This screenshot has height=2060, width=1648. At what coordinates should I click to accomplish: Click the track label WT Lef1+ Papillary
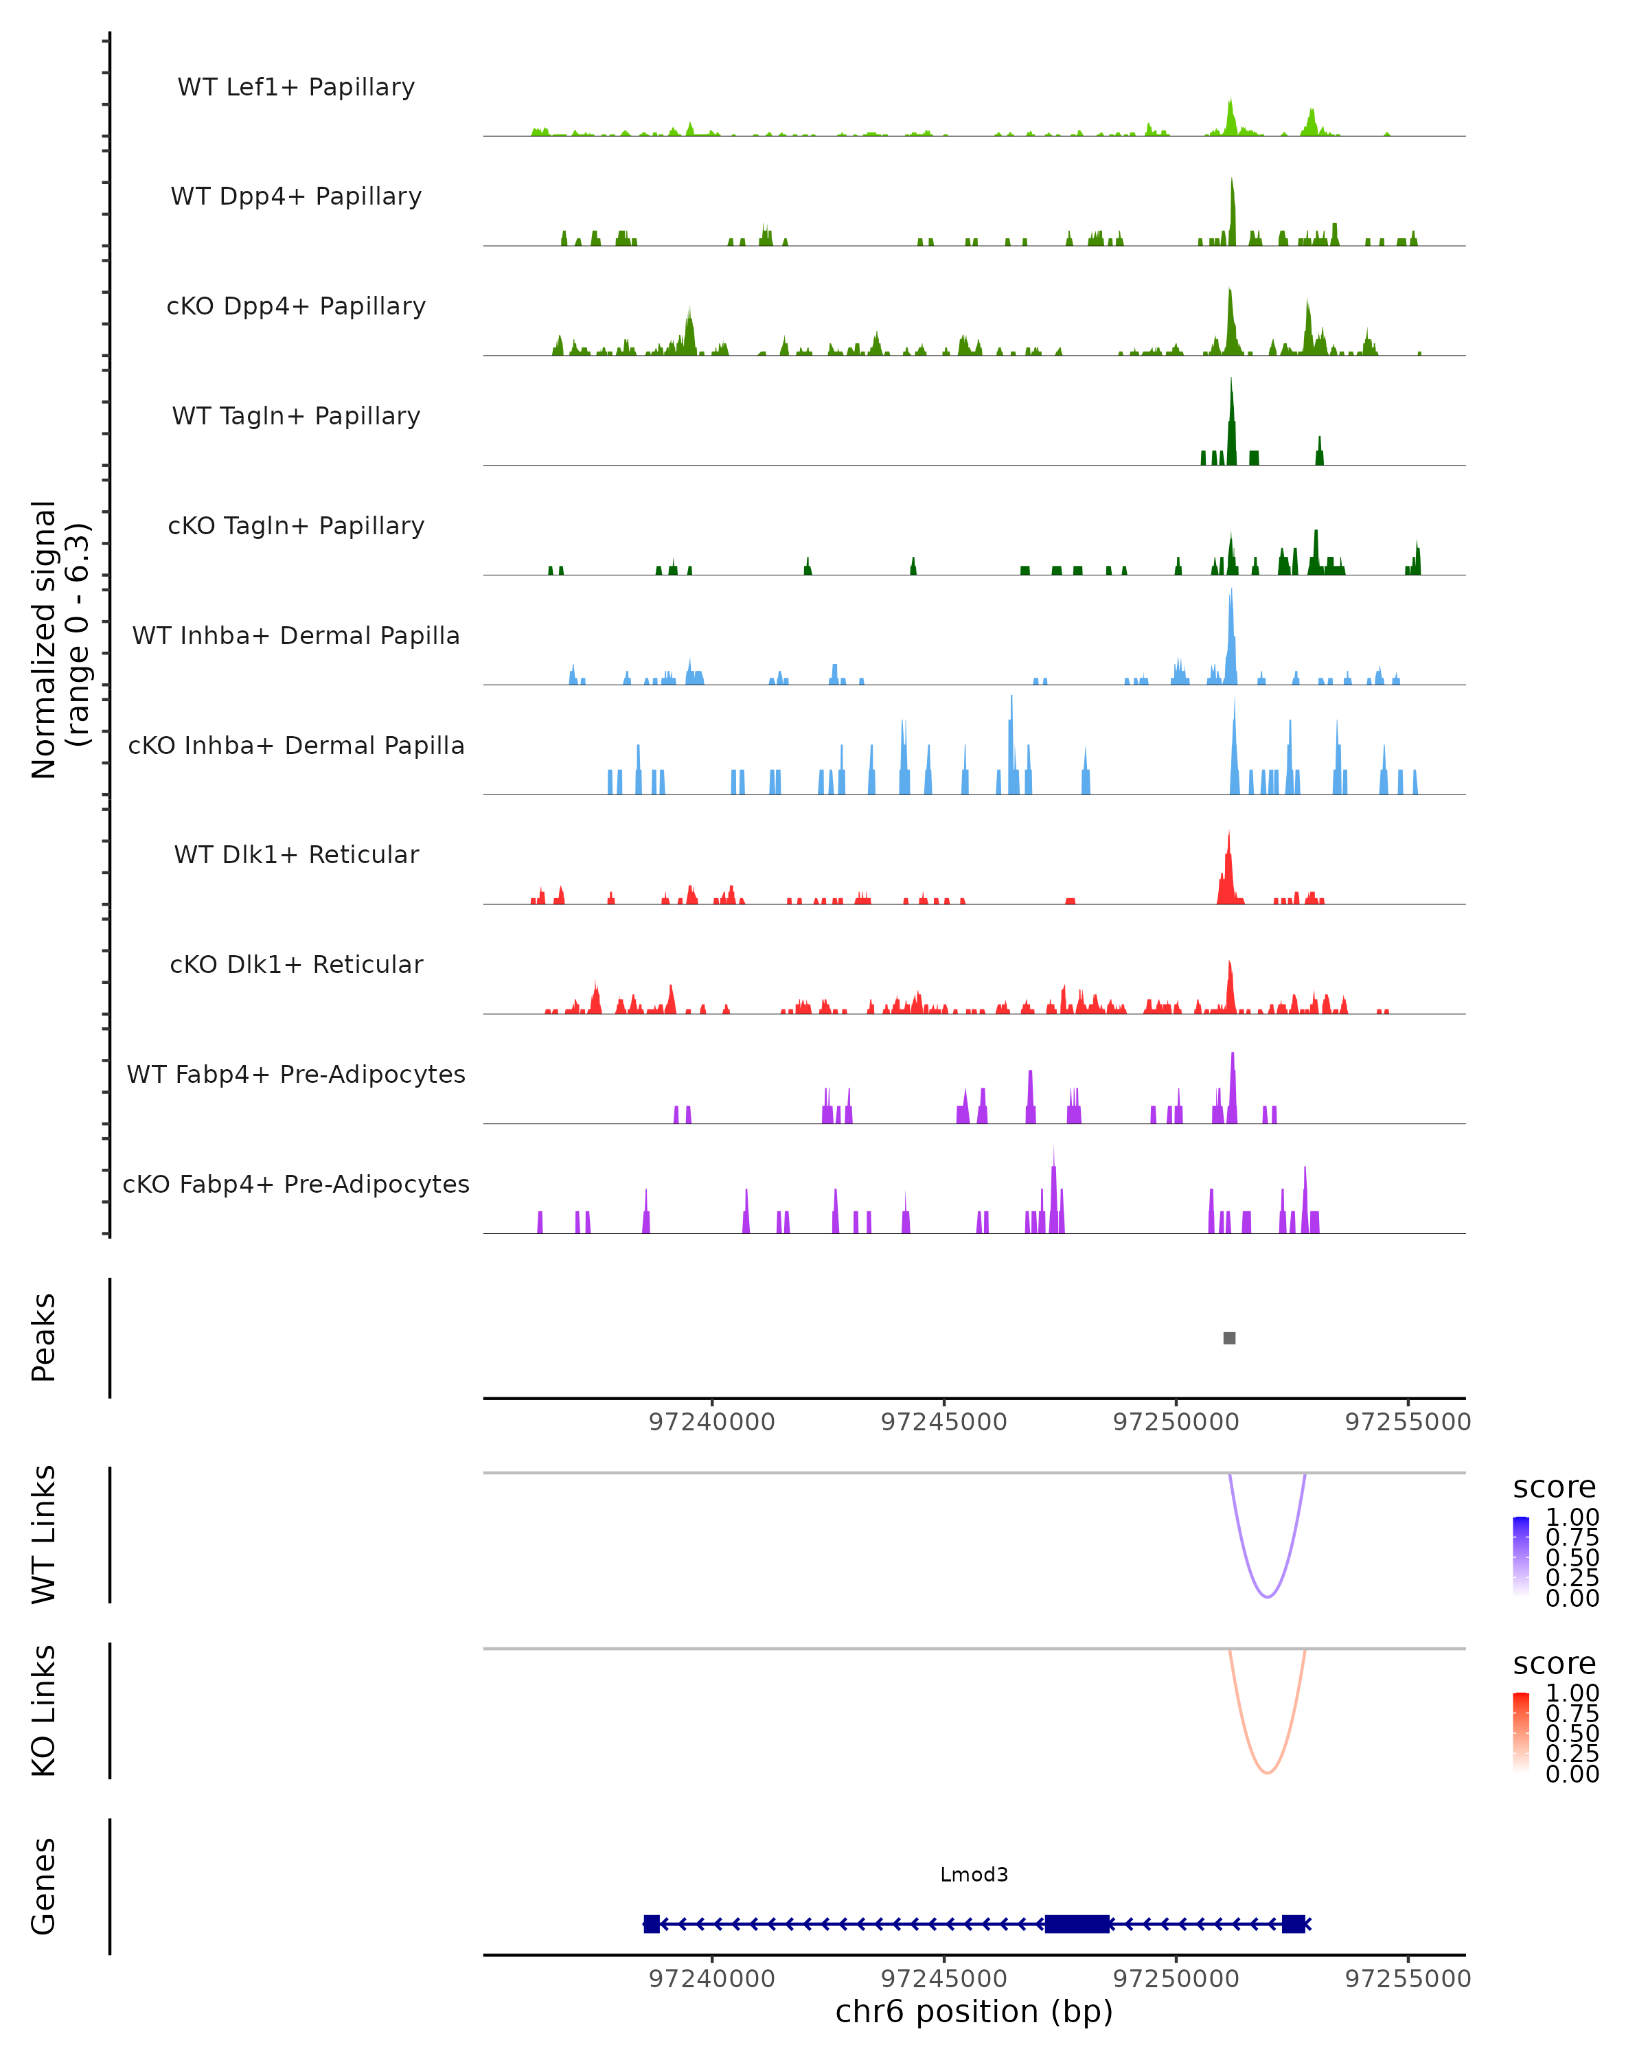click(296, 87)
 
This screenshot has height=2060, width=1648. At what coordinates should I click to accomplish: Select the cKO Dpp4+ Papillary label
click(296, 307)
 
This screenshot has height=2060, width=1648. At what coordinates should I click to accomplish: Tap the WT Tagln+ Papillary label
click(296, 417)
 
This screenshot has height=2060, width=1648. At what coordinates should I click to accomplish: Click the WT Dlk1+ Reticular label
click(296, 855)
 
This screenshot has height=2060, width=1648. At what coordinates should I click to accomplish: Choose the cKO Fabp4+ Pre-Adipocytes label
click(296, 1184)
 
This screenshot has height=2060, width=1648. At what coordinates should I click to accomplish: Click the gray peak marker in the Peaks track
click(1230, 1338)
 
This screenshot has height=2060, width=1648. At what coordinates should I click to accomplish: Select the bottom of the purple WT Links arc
click(1267, 1596)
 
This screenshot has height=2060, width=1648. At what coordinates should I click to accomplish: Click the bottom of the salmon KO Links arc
click(1267, 1772)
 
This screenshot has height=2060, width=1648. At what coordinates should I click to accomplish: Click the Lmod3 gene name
click(974, 1875)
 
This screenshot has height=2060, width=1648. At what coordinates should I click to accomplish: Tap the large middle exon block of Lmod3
click(1077, 1923)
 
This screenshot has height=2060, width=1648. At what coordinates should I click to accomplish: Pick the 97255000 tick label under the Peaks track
click(1407, 1422)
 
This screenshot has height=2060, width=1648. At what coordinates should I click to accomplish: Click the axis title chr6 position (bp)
click(974, 2012)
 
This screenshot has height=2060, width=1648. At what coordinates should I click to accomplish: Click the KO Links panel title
click(44, 1711)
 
